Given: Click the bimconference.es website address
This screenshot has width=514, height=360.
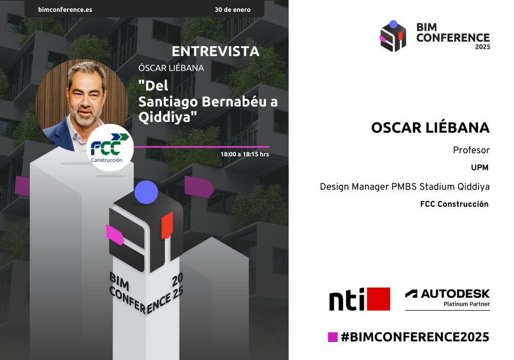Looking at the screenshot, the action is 65,9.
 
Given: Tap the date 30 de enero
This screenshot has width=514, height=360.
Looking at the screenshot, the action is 233,9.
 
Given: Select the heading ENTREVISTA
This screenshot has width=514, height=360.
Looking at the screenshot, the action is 216,51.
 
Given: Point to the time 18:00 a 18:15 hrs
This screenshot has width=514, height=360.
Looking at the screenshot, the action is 245,154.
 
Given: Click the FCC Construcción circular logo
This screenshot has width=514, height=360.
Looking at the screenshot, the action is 110,148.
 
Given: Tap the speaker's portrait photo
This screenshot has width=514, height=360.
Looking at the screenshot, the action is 82,105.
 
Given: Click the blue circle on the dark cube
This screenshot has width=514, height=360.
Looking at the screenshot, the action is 146,192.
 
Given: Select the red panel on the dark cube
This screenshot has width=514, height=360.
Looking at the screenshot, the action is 167,225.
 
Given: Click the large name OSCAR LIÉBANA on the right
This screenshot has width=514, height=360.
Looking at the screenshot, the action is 430,128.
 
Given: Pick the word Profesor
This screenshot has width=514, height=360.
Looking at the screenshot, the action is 471,150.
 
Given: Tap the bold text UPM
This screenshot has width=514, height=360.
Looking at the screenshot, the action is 480,168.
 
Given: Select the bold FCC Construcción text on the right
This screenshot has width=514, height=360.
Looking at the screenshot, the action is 454,204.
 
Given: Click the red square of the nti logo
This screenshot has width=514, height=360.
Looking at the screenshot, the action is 379,299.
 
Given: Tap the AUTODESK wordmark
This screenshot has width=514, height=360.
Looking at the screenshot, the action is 455,294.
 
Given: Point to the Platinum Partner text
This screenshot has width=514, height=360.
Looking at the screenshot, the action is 467,304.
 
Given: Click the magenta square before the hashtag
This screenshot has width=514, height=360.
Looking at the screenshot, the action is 333,337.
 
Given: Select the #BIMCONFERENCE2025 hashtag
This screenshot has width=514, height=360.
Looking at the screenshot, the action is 415,337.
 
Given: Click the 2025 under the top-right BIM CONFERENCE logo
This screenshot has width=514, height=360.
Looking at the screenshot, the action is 483,47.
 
